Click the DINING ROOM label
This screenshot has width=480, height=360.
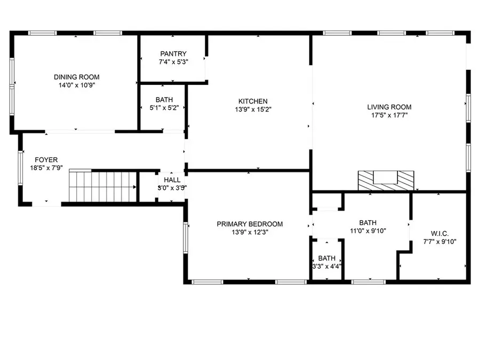[x=76, y=77]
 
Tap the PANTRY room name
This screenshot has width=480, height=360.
[x=173, y=53]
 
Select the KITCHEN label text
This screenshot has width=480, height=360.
[x=253, y=101]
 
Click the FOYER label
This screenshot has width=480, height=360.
[x=46, y=159]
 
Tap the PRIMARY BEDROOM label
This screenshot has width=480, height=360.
[x=250, y=224]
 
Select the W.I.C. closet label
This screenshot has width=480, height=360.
[x=439, y=234]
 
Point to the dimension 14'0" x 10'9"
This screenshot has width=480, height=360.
[x=76, y=85]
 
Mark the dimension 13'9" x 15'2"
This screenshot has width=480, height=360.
[x=253, y=109]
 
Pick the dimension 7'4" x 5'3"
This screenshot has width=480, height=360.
[x=173, y=61]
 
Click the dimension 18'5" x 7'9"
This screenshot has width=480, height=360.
[x=46, y=167]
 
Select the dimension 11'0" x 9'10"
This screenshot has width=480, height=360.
[x=367, y=231]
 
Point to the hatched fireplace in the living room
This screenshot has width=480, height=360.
[x=386, y=180]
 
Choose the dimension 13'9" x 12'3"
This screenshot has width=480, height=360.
[x=250, y=232]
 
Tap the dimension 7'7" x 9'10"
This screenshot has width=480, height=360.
[x=439, y=242]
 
